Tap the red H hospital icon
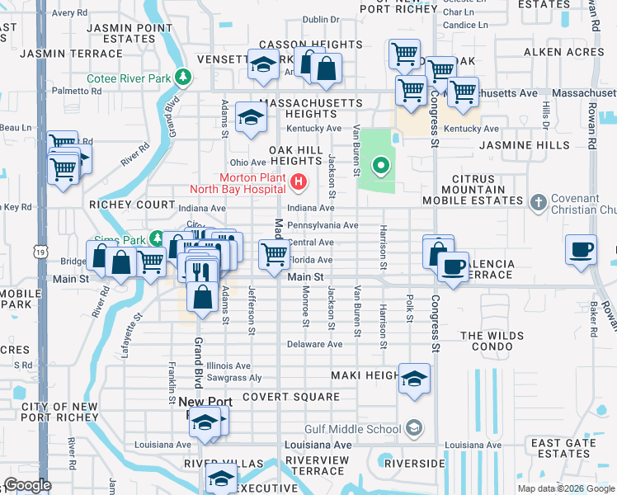pyautogui.click(x=299, y=180)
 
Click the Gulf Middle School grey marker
pyautogui.click(x=413, y=427)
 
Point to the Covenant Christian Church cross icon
pyautogui.click(x=538, y=201)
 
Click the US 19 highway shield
pyautogui.click(x=40, y=250)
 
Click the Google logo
pyautogui.click(x=27, y=485)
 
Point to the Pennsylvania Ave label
pyautogui.click(x=322, y=225)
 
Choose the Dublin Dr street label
pyautogui.click(x=321, y=19)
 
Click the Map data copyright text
pyautogui.click(x=566, y=488)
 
